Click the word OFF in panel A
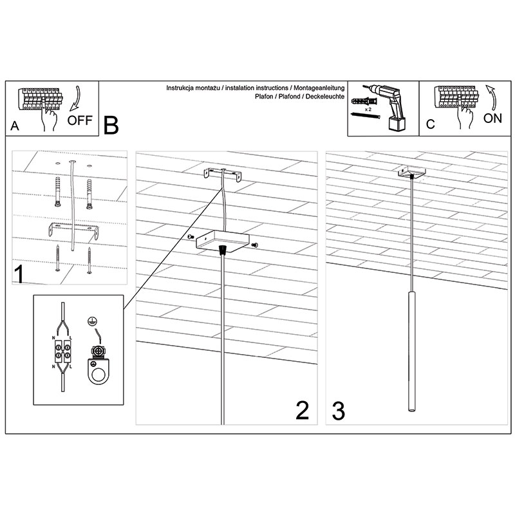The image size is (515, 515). [x=80, y=120]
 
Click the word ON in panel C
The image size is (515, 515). [x=492, y=118]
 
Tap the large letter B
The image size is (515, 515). [x=111, y=125]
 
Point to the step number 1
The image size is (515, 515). [x=19, y=274]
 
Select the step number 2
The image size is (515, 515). [x=302, y=410]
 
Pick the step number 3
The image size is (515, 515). [x=339, y=411]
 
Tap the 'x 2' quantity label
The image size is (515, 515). [x=368, y=109]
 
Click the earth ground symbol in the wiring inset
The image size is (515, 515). [x=92, y=321]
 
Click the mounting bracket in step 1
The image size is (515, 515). [x=73, y=229]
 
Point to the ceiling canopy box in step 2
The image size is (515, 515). [x=222, y=241]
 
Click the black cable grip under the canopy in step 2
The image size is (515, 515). [x=223, y=250]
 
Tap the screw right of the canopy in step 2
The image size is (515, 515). [x=255, y=245]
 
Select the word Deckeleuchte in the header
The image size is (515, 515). [x=325, y=97]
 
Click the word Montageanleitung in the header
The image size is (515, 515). [x=319, y=88]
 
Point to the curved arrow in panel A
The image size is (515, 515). [x=75, y=98]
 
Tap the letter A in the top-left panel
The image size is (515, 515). [x=15, y=126]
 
